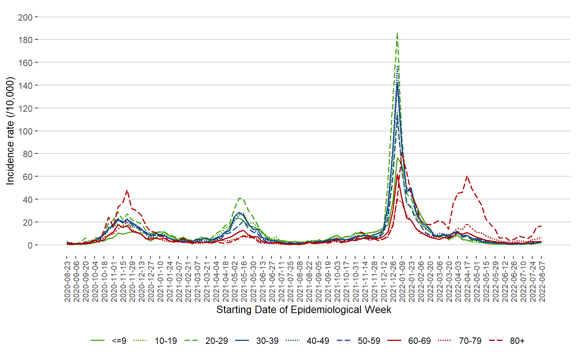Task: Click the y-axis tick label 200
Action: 25,17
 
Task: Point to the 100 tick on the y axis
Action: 25,131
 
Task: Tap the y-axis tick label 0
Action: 30,245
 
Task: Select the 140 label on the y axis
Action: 25,85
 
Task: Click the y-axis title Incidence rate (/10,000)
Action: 10,131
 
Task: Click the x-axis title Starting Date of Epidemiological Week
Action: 304,310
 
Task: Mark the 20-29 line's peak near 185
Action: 397,33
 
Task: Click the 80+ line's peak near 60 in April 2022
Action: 467,176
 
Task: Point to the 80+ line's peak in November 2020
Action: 127,190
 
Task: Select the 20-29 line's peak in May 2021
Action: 240,198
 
